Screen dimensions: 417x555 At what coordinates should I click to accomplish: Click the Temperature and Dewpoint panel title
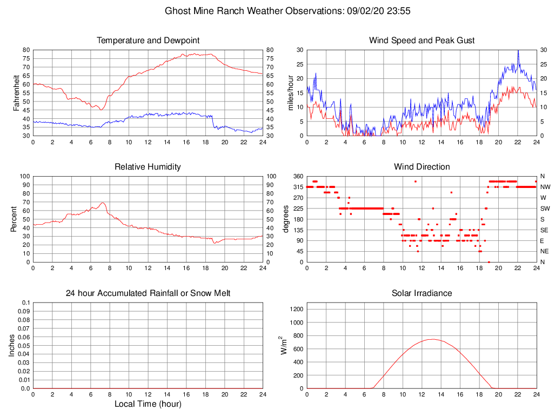pyautogui.click(x=148, y=41)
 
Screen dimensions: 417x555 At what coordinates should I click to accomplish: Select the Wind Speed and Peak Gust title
pyautogui.click(x=422, y=41)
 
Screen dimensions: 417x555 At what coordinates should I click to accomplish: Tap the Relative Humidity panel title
pyautogui.click(x=148, y=167)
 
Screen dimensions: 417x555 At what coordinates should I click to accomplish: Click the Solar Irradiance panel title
pyautogui.click(x=422, y=293)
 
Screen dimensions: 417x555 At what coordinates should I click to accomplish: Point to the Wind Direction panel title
pyautogui.click(x=422, y=167)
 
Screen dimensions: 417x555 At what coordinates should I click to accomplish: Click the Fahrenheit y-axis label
pyautogui.click(x=17, y=92)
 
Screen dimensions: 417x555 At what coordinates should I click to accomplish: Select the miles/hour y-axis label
pyautogui.click(x=291, y=92)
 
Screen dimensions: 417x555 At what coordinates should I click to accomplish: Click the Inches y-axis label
pyautogui.click(x=12, y=345)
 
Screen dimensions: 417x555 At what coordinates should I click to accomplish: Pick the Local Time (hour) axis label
pyautogui.click(x=148, y=404)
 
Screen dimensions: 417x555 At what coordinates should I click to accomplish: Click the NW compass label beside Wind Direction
pyautogui.click(x=545, y=187)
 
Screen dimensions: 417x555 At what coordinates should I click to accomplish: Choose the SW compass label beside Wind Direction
pyautogui.click(x=545, y=208)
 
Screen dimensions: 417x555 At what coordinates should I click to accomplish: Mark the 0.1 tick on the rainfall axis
pyautogui.click(x=25, y=303)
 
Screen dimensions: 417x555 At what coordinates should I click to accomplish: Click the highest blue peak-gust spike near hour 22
pyautogui.click(x=518, y=50)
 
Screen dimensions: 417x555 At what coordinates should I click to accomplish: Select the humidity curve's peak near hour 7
pyautogui.click(x=102, y=203)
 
